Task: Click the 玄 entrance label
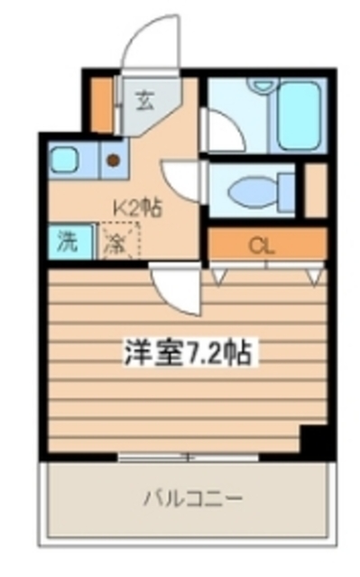point(144,100)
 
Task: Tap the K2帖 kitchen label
point(136,208)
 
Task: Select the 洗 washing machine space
point(69,242)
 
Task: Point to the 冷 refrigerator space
point(116,242)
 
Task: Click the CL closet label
point(263,244)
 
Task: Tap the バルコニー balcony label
point(194,498)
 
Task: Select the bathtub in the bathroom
point(299,114)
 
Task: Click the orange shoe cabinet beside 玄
point(104,105)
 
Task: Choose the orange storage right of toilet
point(316,190)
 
